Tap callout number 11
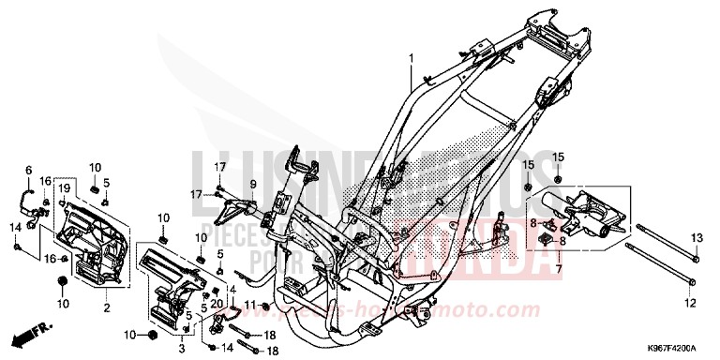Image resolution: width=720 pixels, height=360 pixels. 250,306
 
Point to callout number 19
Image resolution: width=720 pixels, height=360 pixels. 65,189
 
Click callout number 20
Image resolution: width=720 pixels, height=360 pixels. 214,303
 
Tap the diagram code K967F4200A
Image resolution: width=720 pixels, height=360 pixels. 667,347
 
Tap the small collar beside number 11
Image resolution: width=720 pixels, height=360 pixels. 266,307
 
